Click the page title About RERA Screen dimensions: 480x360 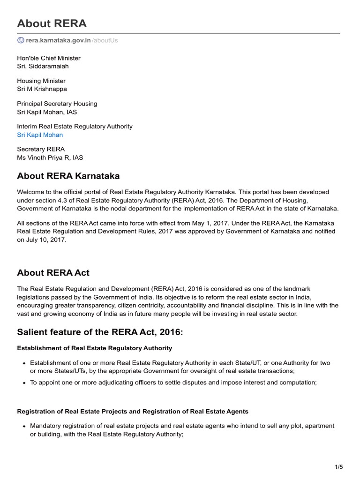52,23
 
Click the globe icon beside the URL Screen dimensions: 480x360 21,40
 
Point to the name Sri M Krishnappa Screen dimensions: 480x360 42,89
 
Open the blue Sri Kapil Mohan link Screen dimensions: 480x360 40,135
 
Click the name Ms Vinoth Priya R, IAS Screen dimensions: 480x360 50,157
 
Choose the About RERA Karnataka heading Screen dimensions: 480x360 68,176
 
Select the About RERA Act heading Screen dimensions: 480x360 53,273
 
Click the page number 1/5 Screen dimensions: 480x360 339,466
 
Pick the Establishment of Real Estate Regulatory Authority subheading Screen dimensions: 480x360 94,348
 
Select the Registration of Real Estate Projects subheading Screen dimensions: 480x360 133,411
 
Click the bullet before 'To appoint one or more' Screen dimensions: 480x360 24,382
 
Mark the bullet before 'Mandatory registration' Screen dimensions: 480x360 24,426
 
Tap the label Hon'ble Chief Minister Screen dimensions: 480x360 48,58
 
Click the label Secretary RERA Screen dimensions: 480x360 41,149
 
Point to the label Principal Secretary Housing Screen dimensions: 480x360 57,104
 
